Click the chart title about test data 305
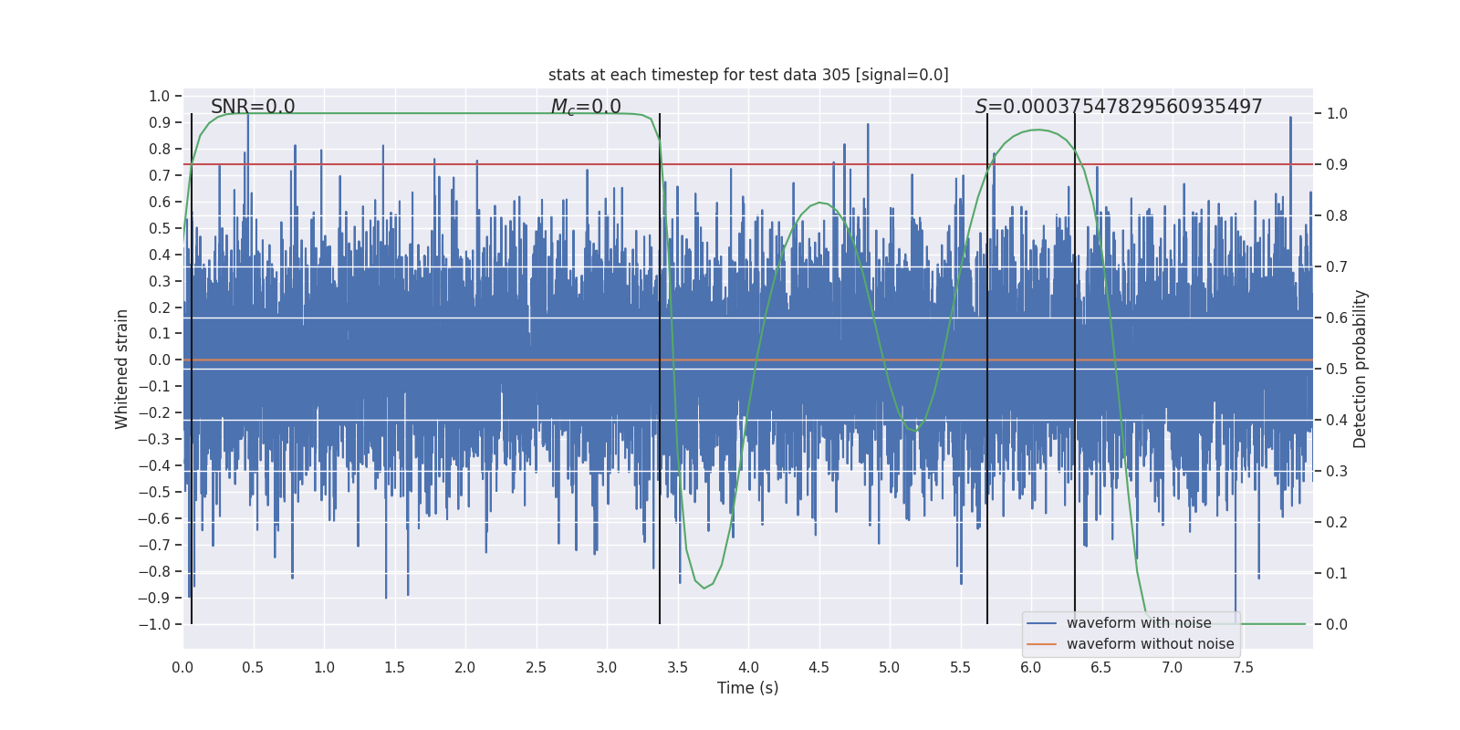(x=748, y=75)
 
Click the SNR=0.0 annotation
(x=253, y=107)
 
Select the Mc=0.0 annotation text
(x=586, y=107)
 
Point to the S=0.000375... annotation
(x=1119, y=107)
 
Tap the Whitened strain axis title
(x=122, y=369)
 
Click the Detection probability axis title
(x=1361, y=369)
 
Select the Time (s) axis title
(x=747, y=688)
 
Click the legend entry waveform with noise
(x=1139, y=623)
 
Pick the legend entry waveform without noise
(x=1150, y=644)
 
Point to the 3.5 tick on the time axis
(x=677, y=667)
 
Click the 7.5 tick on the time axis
(x=1243, y=667)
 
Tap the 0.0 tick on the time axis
(x=182, y=667)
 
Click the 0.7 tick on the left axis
(x=160, y=175)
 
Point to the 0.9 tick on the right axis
(x=1337, y=164)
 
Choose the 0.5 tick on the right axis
(x=1337, y=369)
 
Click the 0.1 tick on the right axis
(x=1337, y=573)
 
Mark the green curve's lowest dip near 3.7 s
(x=704, y=588)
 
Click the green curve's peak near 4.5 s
(x=820, y=203)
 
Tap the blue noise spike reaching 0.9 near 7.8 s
(x=1290, y=119)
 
